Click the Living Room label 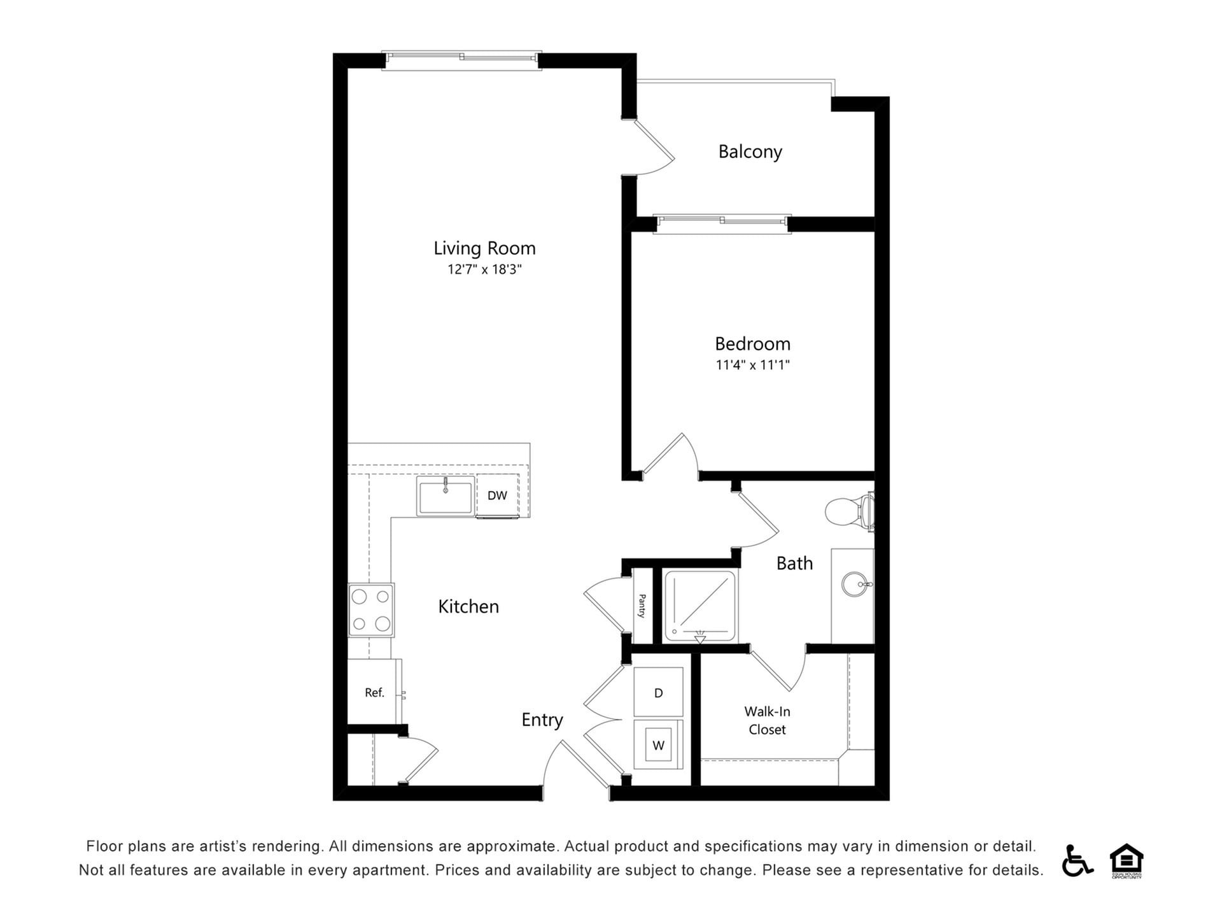(x=484, y=248)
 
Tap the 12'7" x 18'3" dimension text (x=484, y=269)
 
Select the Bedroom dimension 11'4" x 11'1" (x=752, y=365)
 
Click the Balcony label (x=750, y=152)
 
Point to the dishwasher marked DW (x=497, y=495)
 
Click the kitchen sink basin (x=446, y=497)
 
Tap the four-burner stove (x=371, y=610)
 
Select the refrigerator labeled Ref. (x=374, y=692)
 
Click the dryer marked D (x=658, y=692)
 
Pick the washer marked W (x=658, y=744)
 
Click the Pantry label (x=642, y=606)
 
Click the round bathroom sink (x=854, y=583)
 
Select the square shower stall (x=700, y=606)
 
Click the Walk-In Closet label (x=767, y=720)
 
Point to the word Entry (x=542, y=720)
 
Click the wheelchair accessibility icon (x=1076, y=860)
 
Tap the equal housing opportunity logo (x=1127, y=860)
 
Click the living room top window (x=461, y=59)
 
